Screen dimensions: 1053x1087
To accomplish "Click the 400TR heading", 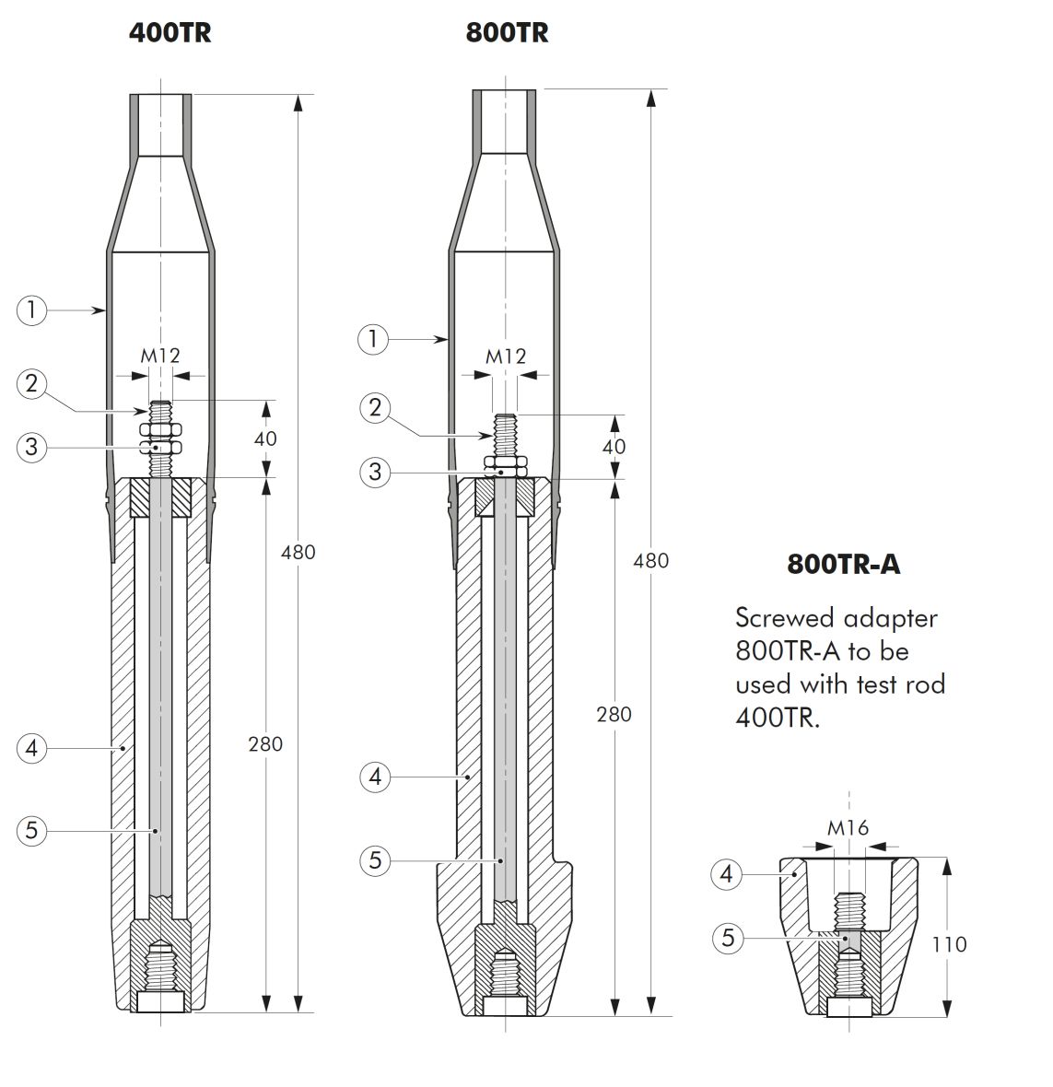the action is [x=170, y=33].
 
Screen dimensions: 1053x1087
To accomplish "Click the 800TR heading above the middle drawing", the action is [x=507, y=33].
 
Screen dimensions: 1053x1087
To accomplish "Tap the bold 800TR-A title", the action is [x=844, y=565].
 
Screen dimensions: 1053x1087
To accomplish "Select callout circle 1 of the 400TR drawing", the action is [x=32, y=310].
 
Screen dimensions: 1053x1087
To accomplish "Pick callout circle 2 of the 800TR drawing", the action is [x=375, y=407].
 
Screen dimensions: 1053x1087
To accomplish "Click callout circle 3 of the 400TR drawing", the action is [x=32, y=447].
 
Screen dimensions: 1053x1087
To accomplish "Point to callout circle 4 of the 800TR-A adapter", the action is [x=727, y=873].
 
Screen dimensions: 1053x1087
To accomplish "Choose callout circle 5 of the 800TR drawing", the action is [x=375, y=860].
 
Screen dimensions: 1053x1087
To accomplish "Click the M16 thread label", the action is [x=848, y=828].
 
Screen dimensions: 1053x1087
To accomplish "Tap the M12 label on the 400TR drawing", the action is [x=160, y=356].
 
